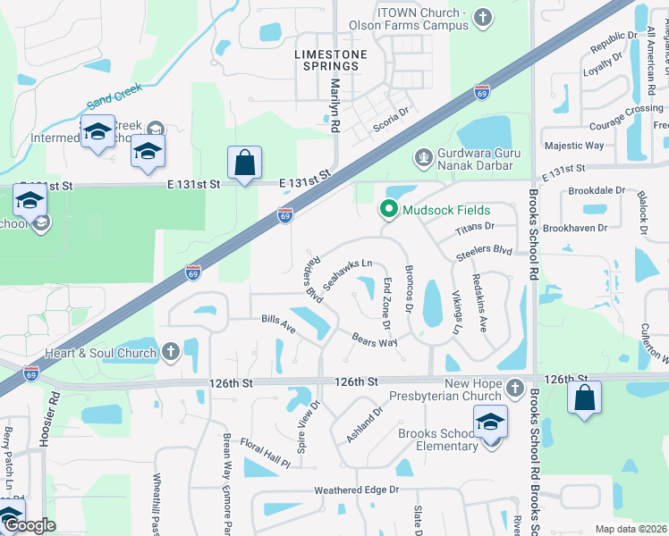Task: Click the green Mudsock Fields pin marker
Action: pyautogui.click(x=388, y=210)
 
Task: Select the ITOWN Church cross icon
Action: pyautogui.click(x=482, y=17)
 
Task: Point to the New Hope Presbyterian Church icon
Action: pyautogui.click(x=514, y=388)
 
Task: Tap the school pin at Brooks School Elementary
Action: pyautogui.click(x=491, y=423)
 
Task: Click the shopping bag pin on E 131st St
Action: pyautogui.click(x=244, y=164)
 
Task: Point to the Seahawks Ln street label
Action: pyautogui.click(x=348, y=273)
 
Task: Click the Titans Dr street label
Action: pyautogui.click(x=474, y=228)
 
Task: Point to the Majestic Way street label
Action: pyautogui.click(x=574, y=146)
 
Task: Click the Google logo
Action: pyautogui.click(x=29, y=525)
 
